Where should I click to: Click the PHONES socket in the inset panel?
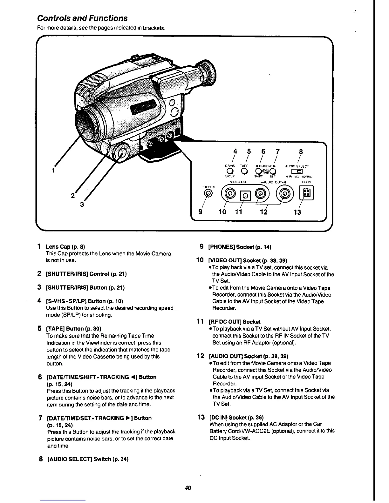pyautogui.click(x=208, y=193)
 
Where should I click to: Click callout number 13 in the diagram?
pyautogui.click(x=297, y=211)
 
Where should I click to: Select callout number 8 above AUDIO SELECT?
pyautogui.click(x=301, y=151)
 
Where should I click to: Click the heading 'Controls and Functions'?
pyautogui.click(x=82, y=18)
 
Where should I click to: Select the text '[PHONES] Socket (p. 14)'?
pyautogui.click(x=239, y=247)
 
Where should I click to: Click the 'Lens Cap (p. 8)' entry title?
pyautogui.click(x=65, y=247)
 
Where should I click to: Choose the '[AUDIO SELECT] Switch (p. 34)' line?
pyautogui.click(x=87, y=459)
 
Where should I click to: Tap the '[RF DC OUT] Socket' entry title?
pyautogui.click(x=235, y=322)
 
